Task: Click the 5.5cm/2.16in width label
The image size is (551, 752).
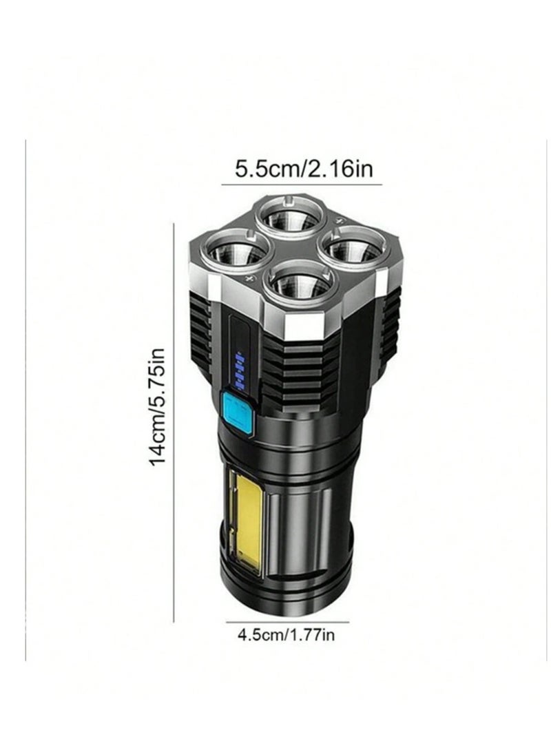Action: (303, 169)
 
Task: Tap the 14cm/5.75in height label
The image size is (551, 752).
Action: (157, 407)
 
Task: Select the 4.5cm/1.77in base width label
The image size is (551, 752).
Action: (287, 635)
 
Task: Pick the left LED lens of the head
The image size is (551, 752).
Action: (233, 248)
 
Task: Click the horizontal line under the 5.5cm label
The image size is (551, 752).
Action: (302, 184)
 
